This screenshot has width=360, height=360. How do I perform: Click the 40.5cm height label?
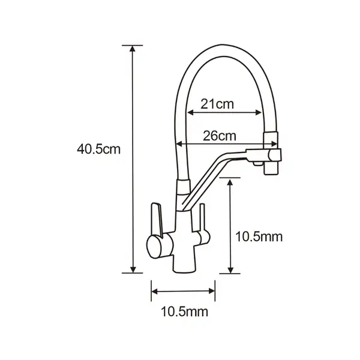[x=99, y=149]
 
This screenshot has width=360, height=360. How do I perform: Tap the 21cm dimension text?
[x=217, y=104]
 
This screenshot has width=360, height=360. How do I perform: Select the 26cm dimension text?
[x=220, y=136]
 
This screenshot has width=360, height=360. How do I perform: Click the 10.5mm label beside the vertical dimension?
[x=259, y=236]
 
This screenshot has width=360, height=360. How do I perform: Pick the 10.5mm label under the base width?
[x=185, y=311]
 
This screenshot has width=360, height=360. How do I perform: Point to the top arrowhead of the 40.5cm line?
[x=133, y=49]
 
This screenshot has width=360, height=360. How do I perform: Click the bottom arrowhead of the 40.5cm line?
[x=133, y=270]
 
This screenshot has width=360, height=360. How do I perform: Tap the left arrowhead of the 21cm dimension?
[x=191, y=113]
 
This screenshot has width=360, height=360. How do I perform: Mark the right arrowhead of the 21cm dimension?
[x=258, y=113]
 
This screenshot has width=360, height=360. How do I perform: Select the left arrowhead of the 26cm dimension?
[x=179, y=144]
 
